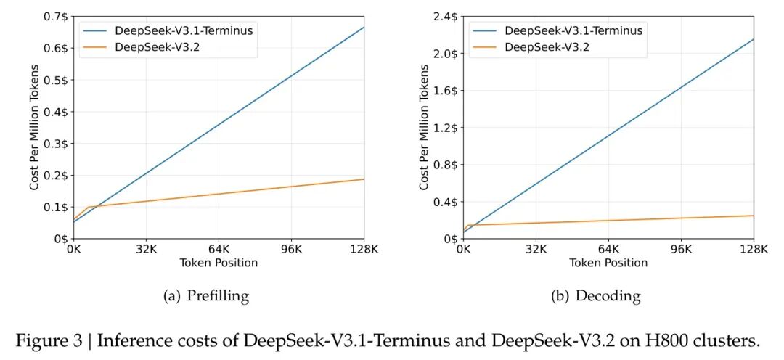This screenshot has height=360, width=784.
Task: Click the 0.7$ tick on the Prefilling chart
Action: point(57,17)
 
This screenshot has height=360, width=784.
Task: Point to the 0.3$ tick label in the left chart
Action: point(57,144)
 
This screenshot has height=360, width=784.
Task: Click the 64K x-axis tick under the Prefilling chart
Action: point(219,249)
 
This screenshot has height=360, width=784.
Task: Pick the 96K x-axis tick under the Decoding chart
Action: point(681,249)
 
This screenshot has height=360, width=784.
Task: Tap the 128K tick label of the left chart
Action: point(363,249)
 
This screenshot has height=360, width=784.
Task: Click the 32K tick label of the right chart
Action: point(536,249)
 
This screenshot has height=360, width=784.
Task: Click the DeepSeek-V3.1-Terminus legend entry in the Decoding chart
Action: point(573,30)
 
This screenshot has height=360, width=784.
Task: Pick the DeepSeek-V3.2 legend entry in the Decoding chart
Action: point(547,47)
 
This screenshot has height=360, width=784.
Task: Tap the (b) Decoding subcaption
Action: point(608,296)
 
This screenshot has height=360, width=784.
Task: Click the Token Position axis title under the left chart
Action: point(219,263)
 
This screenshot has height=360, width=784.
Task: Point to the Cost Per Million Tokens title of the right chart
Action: point(424,128)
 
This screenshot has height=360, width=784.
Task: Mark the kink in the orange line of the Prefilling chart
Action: point(88,208)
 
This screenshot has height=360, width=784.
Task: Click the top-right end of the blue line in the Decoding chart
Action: point(754,39)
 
